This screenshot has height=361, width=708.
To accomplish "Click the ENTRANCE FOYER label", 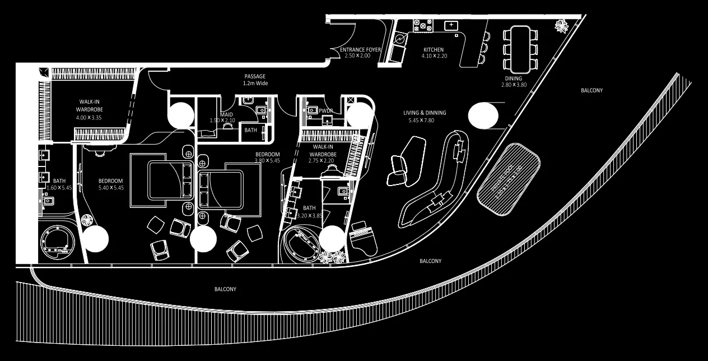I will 360,50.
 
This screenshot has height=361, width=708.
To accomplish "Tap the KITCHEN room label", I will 434,50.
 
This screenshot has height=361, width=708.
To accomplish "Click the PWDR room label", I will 326,111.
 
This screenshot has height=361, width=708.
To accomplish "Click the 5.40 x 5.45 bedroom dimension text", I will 111,188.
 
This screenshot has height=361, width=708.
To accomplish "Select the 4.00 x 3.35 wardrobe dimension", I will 89,118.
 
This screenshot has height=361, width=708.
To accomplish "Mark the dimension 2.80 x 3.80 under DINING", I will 514,85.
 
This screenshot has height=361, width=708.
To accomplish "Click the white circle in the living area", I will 482,115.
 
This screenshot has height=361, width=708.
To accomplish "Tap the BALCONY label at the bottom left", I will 225,289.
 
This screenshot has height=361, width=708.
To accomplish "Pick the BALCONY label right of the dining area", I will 592,90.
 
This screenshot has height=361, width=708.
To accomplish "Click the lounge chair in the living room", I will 399,170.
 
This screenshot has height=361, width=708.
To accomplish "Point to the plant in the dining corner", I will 560,25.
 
